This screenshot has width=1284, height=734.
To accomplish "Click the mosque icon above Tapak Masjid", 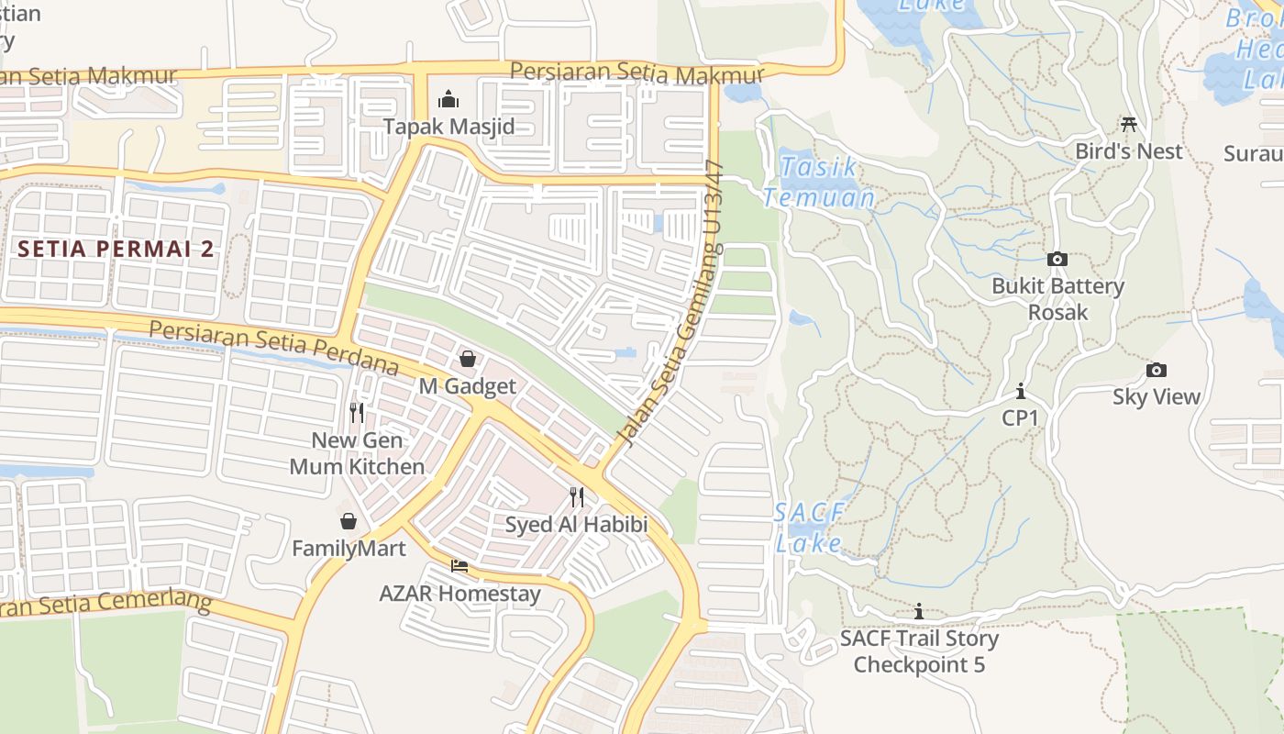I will point(448,98).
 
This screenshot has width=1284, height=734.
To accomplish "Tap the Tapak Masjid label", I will point(448,126).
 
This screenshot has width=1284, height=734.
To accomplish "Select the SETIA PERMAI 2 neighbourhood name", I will point(116,249).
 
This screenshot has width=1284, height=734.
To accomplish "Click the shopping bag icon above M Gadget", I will point(468,359).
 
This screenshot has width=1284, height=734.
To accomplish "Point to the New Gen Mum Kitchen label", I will point(357,453).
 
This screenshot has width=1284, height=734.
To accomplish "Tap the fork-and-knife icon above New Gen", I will point(357,413).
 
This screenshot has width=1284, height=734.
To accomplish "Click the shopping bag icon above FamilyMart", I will point(349,522).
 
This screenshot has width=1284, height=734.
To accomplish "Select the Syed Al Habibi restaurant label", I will point(577,525).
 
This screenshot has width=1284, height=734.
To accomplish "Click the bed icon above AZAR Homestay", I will point(459,566).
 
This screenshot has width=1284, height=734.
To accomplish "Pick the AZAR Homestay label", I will point(459,593).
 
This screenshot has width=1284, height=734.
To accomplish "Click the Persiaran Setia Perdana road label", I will point(273,348).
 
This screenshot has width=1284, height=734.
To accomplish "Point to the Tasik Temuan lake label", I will point(819,182).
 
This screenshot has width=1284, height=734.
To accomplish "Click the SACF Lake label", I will point(808,528).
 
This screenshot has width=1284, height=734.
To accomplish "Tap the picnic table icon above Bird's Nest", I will point(1129,124).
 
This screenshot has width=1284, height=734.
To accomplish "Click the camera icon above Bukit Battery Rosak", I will point(1057,260).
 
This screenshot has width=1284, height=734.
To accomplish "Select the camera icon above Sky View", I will point(1157,371).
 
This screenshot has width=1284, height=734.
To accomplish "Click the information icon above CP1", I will point(1020,392).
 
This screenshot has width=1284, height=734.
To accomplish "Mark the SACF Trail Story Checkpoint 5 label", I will point(919,651).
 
